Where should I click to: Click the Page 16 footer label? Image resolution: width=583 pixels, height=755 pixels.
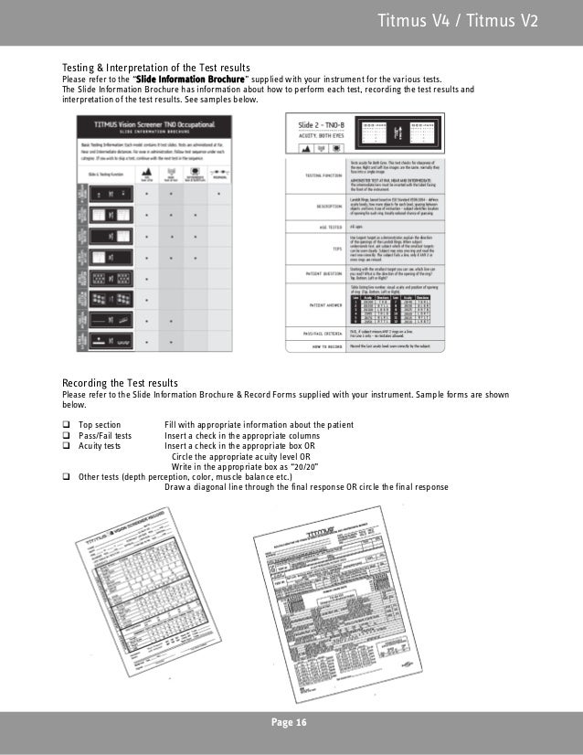point(291,723)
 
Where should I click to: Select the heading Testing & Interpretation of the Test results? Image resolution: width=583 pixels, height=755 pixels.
point(155,69)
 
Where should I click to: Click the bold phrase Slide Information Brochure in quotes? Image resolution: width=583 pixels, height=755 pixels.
point(190,80)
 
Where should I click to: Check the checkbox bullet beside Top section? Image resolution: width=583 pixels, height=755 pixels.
point(67,426)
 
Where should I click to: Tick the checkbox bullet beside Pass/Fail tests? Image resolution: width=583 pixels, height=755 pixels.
point(67,436)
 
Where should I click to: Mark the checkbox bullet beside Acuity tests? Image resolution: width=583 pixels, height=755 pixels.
point(67,446)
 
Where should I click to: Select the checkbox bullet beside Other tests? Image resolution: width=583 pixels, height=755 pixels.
point(67,476)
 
